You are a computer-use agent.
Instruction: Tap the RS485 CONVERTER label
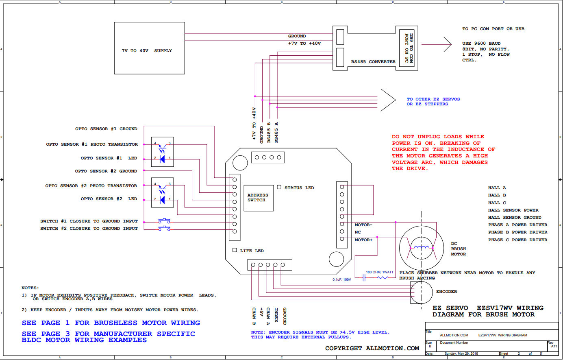373,62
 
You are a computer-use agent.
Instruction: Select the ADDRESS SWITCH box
259,198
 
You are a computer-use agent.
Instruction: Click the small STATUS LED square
279,187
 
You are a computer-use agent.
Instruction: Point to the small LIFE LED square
235,250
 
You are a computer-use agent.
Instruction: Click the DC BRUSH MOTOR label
459,249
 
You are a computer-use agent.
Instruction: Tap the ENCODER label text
447,292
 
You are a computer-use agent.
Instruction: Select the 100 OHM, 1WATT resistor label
380,272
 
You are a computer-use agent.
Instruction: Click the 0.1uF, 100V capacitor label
342,279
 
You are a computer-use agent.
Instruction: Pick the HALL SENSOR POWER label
513,210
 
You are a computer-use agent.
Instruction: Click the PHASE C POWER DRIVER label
518,240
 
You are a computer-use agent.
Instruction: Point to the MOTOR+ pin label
363,240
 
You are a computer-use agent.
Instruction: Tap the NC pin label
358,232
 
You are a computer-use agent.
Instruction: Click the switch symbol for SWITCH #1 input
164,221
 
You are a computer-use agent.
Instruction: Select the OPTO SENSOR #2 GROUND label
106,171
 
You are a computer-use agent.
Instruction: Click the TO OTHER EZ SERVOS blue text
433,99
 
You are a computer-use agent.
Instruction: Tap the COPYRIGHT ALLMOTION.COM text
372,349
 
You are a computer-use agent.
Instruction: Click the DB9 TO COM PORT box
406,48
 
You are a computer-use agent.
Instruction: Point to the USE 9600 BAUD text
481,43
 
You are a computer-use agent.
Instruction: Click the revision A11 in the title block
554,347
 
